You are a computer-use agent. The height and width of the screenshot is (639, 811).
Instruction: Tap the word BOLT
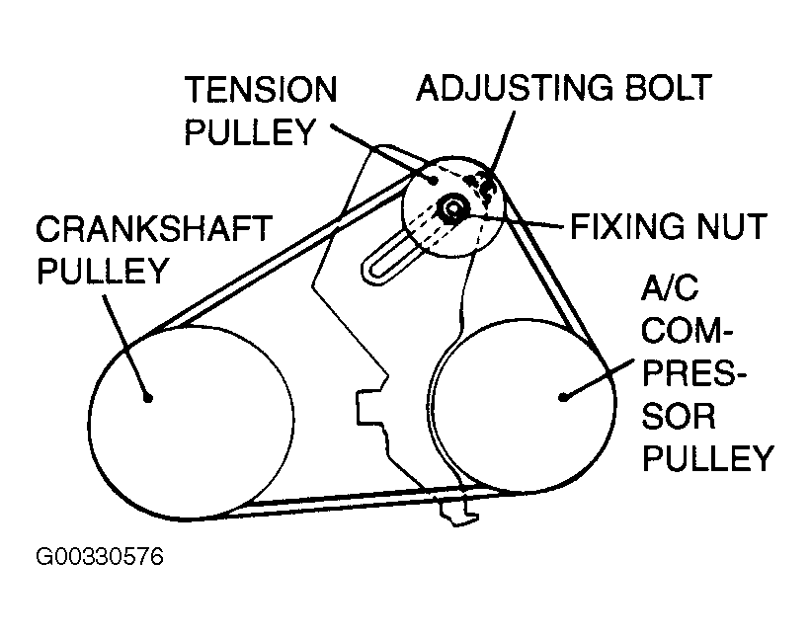(x=667, y=88)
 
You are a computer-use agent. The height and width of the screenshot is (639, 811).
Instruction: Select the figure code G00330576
(x=99, y=558)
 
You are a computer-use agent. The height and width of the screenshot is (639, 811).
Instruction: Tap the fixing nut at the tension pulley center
(x=454, y=209)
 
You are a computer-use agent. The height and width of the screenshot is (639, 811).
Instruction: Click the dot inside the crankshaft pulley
(x=147, y=398)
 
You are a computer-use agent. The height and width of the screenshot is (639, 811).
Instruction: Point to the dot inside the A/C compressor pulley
(x=562, y=397)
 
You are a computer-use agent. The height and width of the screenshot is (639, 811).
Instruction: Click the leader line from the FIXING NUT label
(x=534, y=223)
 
